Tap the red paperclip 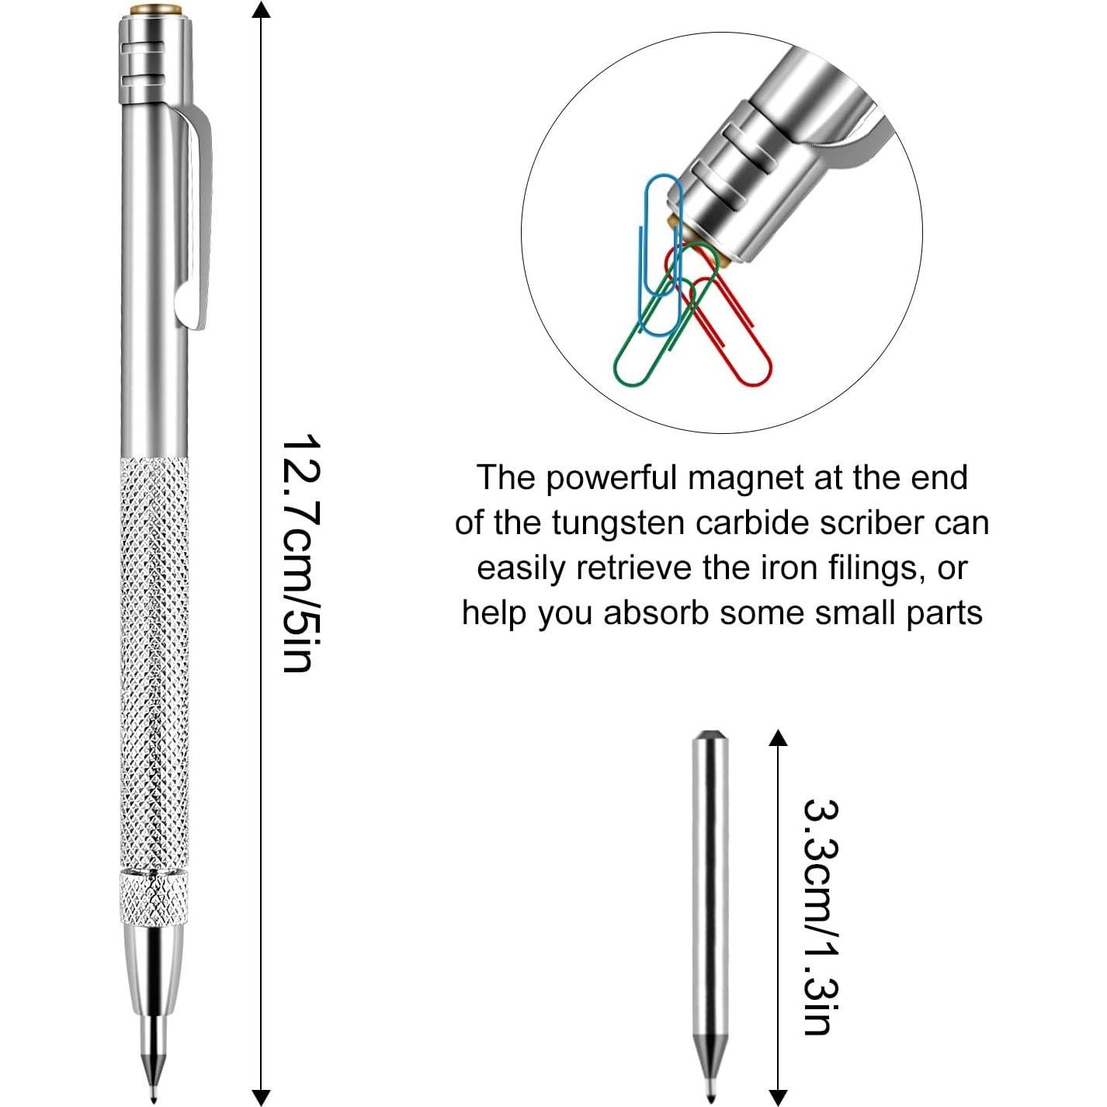pyautogui.click(x=737, y=342)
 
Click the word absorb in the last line pyautogui.click(x=656, y=613)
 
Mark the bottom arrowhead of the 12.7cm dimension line pyautogui.click(x=262, y=1097)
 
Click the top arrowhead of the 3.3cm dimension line pyautogui.click(x=777, y=737)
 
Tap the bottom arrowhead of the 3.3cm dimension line pyautogui.click(x=777, y=1097)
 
